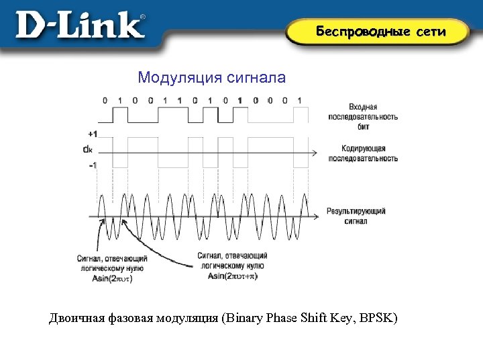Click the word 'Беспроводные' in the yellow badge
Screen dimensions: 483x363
pos(360,32)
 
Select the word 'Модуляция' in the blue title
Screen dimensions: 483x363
pos(178,78)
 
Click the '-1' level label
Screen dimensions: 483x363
pos(92,165)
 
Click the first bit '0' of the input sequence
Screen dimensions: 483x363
pos(105,101)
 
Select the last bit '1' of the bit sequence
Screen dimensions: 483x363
pos(300,101)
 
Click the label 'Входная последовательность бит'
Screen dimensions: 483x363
pos(362,116)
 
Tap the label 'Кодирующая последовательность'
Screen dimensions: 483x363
pos(362,153)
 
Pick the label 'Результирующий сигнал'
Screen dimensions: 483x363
pos(356,216)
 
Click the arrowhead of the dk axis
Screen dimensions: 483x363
pos(314,153)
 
